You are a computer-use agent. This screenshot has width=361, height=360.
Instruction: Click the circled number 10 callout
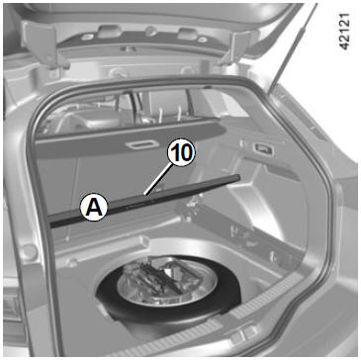[x=181, y=153]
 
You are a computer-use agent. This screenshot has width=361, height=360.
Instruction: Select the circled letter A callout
[x=94, y=208]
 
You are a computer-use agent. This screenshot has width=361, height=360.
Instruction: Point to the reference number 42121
[x=345, y=32]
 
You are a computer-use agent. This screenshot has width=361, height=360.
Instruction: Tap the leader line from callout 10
[x=157, y=180]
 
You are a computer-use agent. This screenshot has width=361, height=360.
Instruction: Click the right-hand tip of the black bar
[x=238, y=178]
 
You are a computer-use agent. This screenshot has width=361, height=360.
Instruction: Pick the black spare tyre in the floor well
[x=168, y=290]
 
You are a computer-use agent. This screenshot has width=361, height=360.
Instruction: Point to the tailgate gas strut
[x=290, y=49]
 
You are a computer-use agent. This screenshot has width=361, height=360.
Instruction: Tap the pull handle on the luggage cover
[x=140, y=145]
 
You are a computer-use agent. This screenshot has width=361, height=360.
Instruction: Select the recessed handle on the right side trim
[x=264, y=149]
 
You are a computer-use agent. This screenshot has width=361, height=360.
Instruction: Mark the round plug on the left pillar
[x=29, y=252]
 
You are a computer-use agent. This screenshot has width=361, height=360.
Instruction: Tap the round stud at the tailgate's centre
[x=151, y=32]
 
